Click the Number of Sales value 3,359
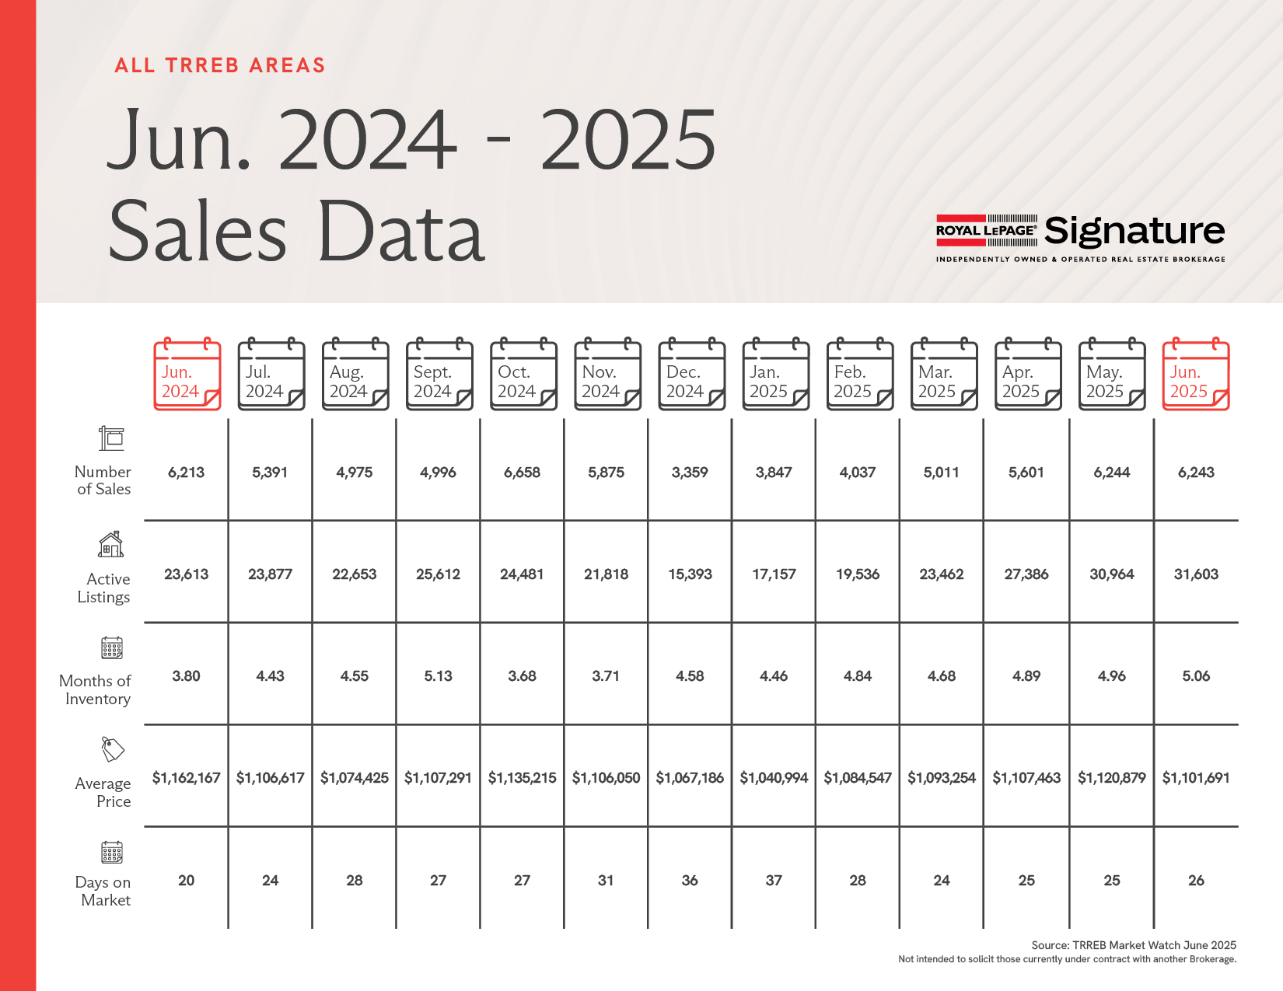point(690,473)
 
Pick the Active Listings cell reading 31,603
point(1196,574)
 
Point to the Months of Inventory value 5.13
point(438,676)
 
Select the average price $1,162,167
point(186,778)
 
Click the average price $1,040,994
point(774,778)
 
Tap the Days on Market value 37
point(774,881)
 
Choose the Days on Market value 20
point(186,881)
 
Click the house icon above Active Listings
point(111,544)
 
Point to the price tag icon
point(113,749)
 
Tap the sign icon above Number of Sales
point(111,438)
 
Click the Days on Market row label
point(103,892)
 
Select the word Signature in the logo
point(1134,231)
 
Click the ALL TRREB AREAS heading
point(220,65)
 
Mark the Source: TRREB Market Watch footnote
point(1133,945)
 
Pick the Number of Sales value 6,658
point(522,473)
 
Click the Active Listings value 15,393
point(690,574)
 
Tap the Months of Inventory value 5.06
point(1196,676)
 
